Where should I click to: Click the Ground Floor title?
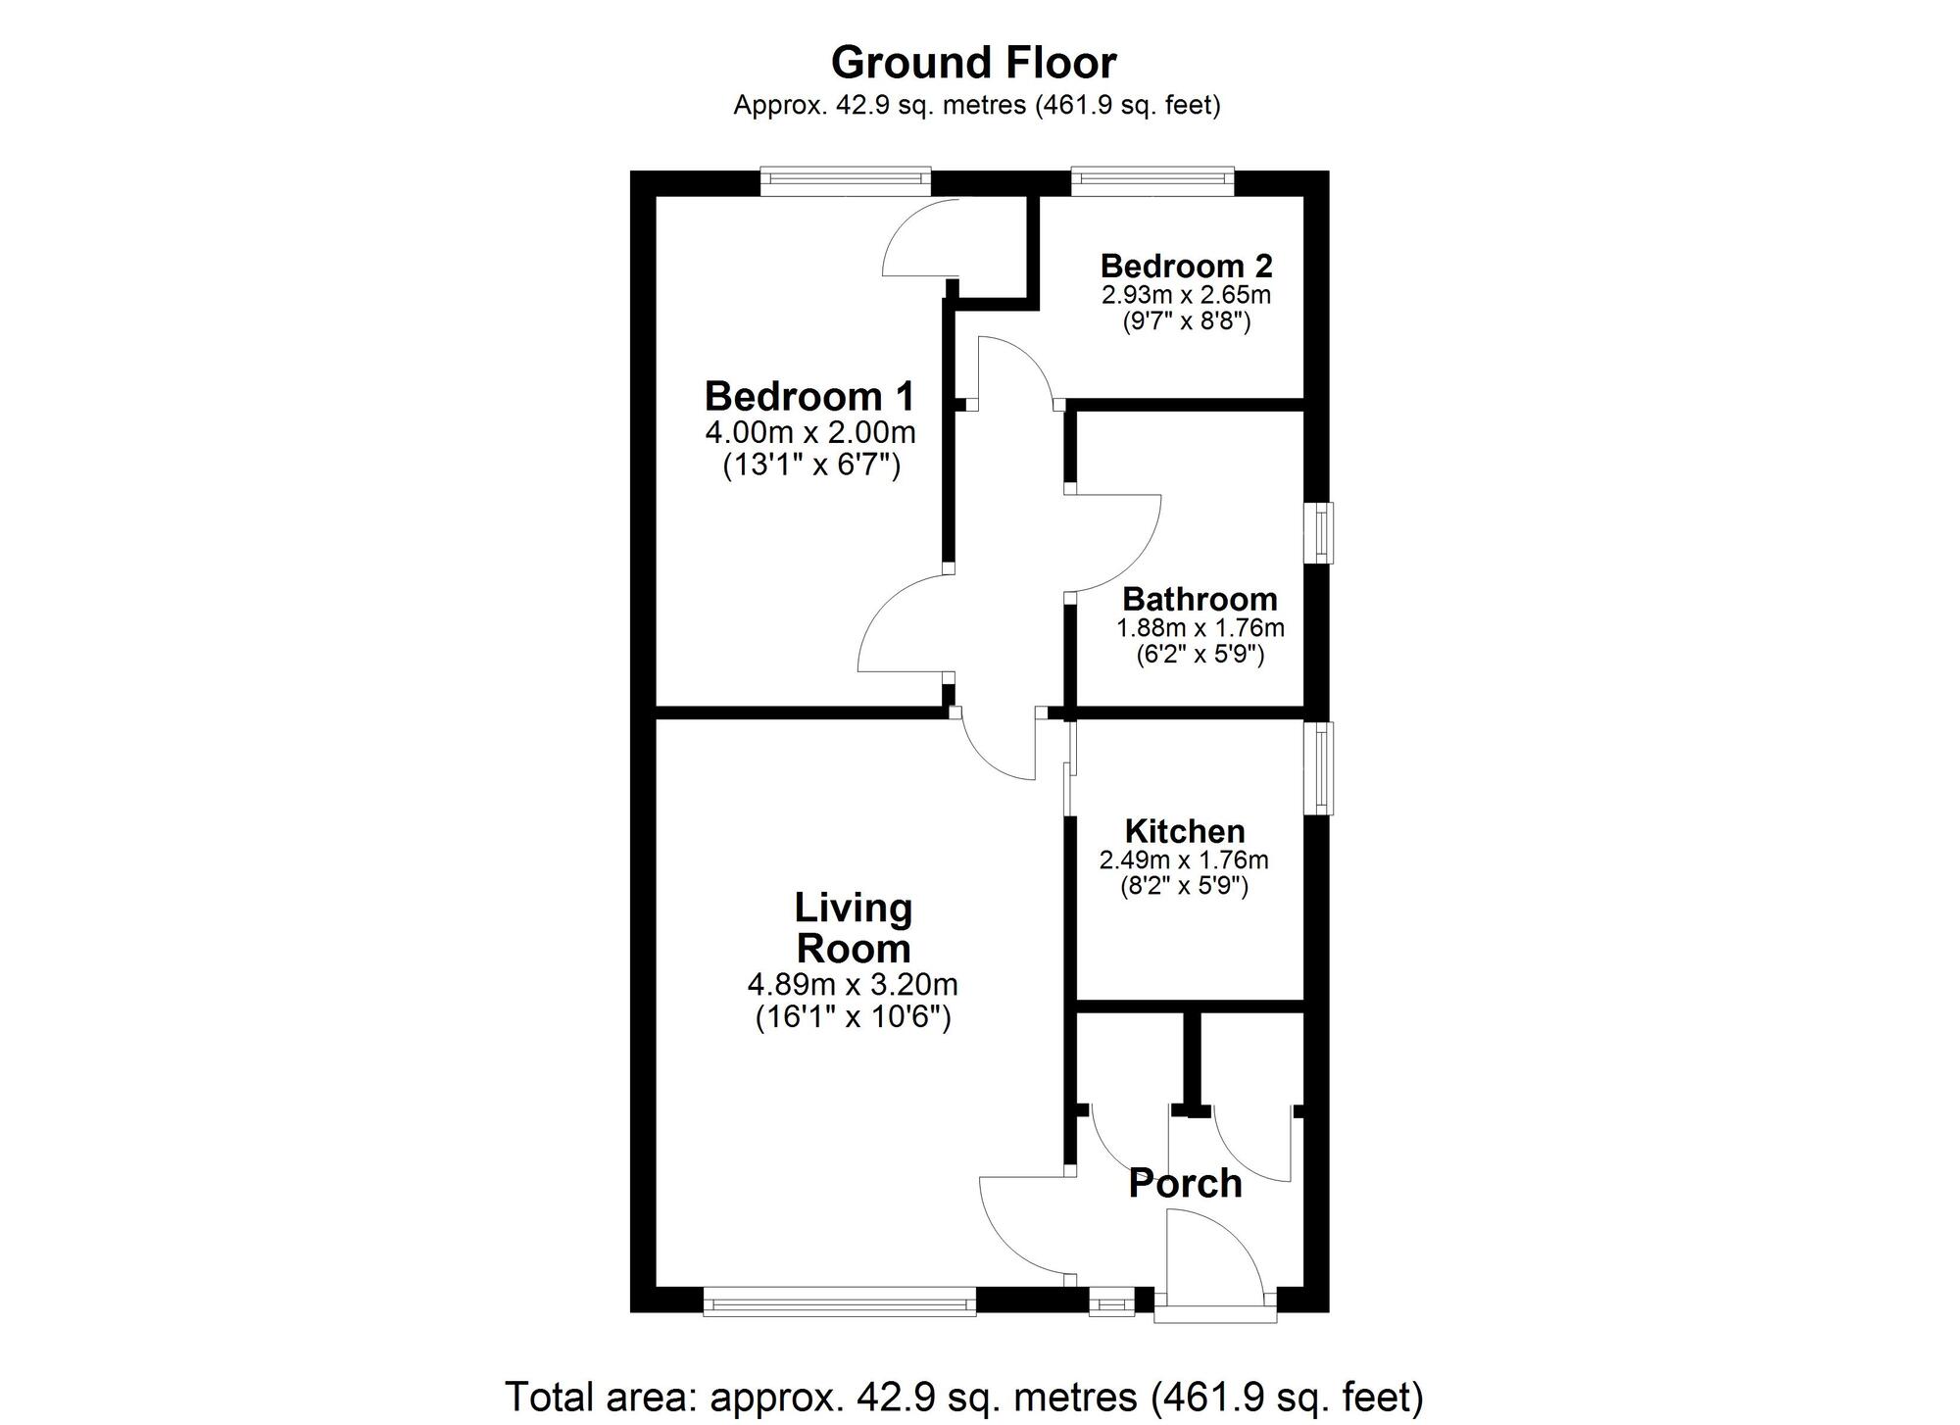973,64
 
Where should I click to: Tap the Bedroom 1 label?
809,397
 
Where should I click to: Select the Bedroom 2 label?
1186,266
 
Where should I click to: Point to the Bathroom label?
1200,599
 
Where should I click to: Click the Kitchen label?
1184,831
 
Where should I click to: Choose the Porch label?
1185,1183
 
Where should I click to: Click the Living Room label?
853,928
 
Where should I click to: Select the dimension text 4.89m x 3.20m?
853,983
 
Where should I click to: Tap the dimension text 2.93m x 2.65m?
1186,294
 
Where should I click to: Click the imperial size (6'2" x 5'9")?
1200,654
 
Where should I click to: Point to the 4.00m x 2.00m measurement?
809,431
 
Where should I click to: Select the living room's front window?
840,1303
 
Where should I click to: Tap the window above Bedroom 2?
1151,177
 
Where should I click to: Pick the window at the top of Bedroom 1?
846,177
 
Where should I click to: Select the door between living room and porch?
1024,1230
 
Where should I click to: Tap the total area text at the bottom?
963,1396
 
